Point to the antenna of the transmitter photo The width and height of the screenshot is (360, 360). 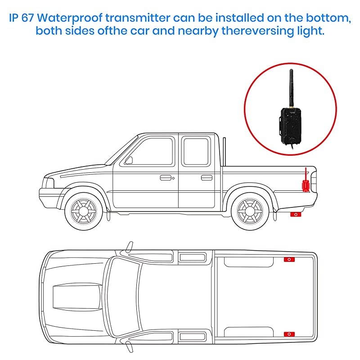(291, 86)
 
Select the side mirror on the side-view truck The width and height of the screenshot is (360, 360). (129, 159)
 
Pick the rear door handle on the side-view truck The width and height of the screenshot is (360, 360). (206, 178)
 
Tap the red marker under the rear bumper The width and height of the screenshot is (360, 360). (296, 215)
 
